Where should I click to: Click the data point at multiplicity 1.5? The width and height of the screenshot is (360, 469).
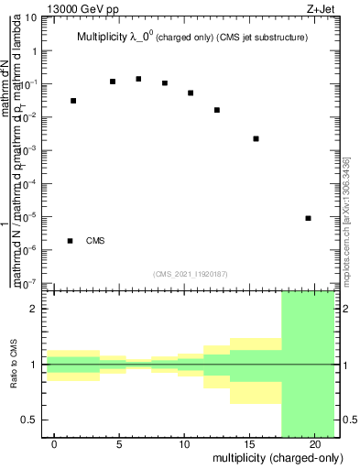tap(73, 101)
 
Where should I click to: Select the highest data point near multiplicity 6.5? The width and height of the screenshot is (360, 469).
tap(138, 79)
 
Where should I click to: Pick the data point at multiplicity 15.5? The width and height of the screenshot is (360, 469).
tap(256, 138)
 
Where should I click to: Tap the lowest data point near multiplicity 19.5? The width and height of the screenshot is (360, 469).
tap(308, 218)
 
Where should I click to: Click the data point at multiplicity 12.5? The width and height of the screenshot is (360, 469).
tap(217, 110)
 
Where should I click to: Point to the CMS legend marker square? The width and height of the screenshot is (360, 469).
tap(71, 241)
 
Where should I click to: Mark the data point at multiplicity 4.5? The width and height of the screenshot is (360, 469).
tap(113, 82)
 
